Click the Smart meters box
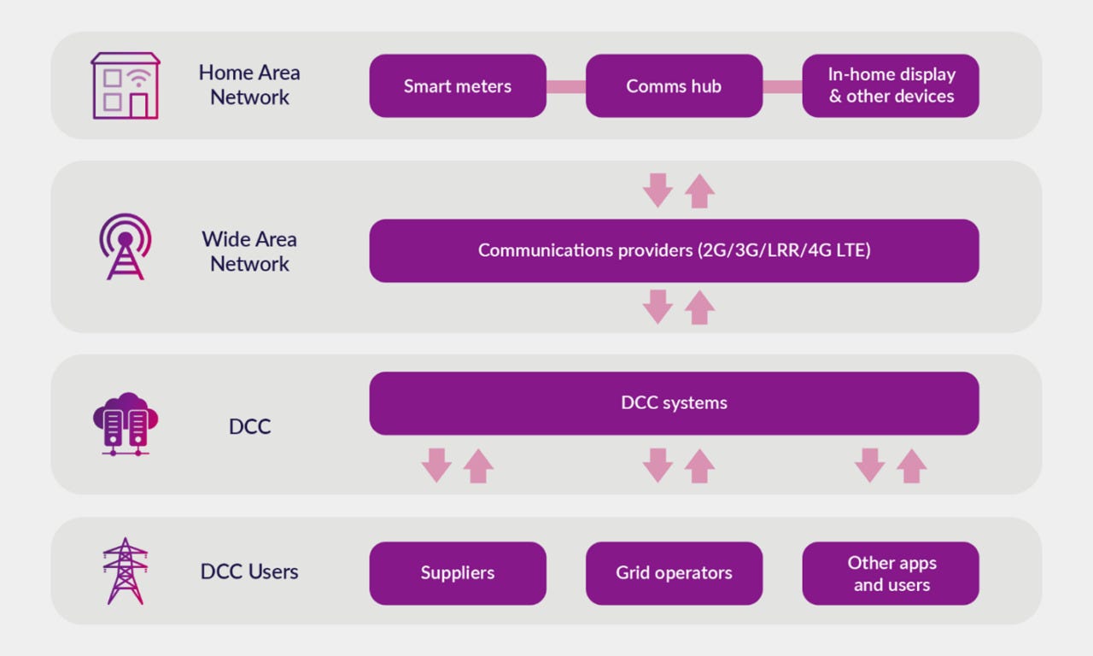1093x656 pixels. click(458, 86)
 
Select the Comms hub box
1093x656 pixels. click(674, 86)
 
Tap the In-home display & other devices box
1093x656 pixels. click(891, 86)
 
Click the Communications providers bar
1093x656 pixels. click(674, 251)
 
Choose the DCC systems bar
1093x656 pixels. click(674, 403)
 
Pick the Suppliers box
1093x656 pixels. click(458, 573)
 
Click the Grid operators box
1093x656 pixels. click(674, 573)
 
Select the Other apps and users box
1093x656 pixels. click(891, 573)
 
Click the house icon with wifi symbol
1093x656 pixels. click(126, 85)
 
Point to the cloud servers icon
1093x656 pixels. click(126, 424)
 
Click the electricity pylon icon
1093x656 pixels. click(126, 571)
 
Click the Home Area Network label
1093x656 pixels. click(249, 85)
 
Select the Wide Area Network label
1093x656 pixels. click(249, 251)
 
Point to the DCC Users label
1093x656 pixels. click(249, 571)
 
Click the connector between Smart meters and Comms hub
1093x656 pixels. click(566, 86)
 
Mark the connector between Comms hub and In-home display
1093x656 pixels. click(782, 86)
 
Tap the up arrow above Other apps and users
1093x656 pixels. click(912, 466)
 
